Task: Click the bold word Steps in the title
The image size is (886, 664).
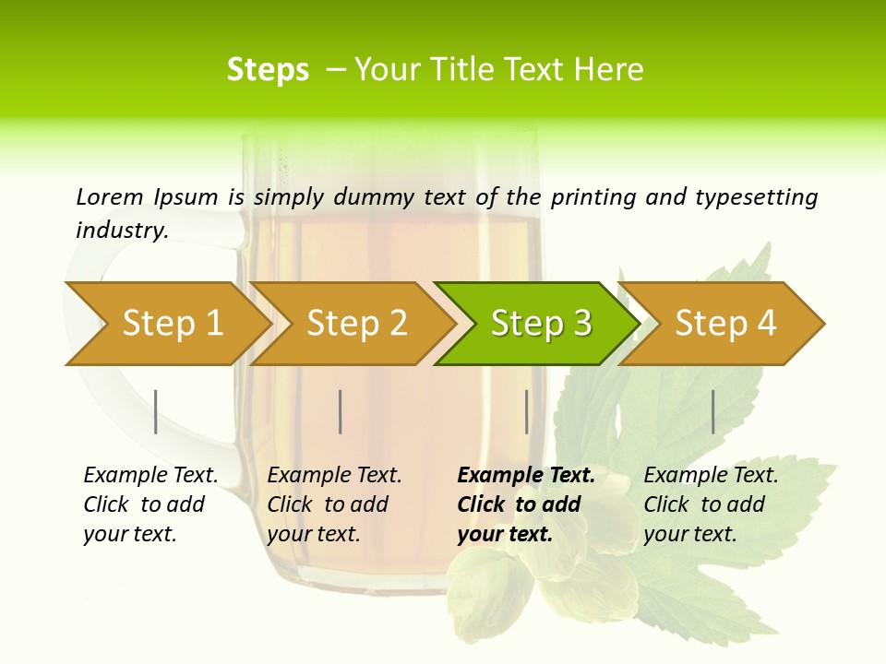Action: coord(268,70)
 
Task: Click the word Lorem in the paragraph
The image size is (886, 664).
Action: coord(110,196)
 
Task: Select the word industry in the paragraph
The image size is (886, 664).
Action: coord(121,230)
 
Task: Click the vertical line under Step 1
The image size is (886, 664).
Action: coord(156,411)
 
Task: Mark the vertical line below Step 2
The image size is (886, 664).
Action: coord(341,411)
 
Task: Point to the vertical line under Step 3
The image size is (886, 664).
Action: coord(526,411)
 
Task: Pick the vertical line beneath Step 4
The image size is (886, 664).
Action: coord(712,411)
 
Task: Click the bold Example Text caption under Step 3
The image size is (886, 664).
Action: coord(526,504)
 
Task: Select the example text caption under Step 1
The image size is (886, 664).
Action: coord(150,504)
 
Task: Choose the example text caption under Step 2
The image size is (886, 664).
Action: coord(334,504)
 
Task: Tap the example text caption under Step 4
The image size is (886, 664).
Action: coord(711,504)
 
